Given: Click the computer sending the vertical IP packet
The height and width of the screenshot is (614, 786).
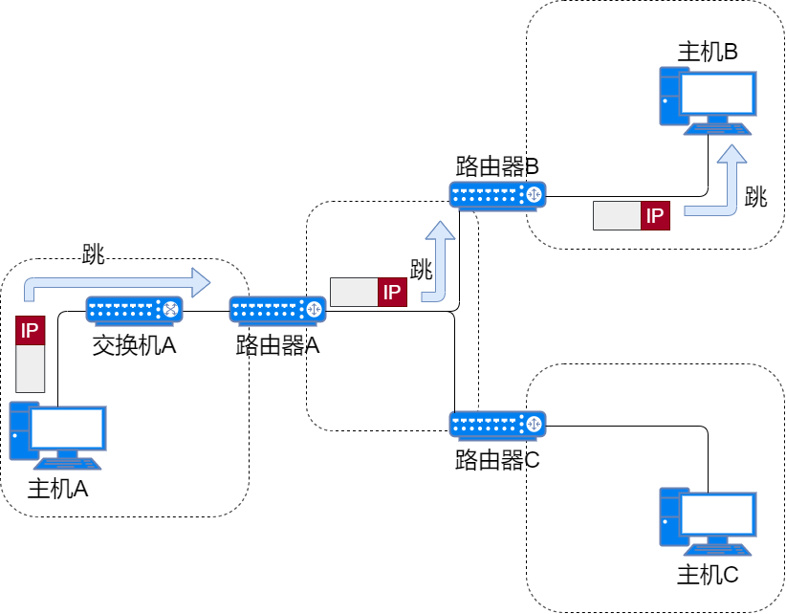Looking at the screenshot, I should tap(57, 434).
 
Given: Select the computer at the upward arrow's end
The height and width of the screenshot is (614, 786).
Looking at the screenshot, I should tap(708, 99).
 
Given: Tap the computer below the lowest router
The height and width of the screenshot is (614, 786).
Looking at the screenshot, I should tap(708, 521).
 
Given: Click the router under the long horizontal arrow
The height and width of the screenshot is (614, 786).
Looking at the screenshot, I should tap(134, 309).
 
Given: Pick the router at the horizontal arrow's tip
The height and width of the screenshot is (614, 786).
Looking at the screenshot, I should tap(277, 309).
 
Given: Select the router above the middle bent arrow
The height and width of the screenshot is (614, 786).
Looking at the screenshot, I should tap(497, 195).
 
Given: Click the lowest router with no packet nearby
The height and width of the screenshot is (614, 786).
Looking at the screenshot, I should tap(497, 425).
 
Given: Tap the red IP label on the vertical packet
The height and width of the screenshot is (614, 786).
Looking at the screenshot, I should tap(31, 331).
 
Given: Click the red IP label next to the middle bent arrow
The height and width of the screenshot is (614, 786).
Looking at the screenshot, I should tap(392, 293).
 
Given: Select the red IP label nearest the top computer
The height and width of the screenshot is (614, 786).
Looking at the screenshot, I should tap(655, 216).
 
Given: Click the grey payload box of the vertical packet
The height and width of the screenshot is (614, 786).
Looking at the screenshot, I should tap(31, 368).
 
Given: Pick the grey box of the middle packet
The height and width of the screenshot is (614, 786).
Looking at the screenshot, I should tap(354, 293).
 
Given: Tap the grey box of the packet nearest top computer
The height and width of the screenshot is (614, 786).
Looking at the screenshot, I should tap(617, 216).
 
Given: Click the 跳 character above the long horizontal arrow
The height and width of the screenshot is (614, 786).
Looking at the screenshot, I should tap(93, 253).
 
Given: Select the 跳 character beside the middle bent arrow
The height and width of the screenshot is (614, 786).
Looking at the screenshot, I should tap(421, 269).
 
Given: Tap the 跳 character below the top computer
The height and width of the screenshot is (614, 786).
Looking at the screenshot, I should tap(755, 197).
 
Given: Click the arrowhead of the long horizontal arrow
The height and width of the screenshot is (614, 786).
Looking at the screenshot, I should tap(201, 282).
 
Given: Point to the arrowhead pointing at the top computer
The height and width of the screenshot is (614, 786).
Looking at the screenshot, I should tap(731, 154).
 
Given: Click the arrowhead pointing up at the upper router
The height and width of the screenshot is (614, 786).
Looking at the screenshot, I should tap(440, 230).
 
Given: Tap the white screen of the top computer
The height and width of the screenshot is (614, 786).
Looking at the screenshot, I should tap(716, 94).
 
